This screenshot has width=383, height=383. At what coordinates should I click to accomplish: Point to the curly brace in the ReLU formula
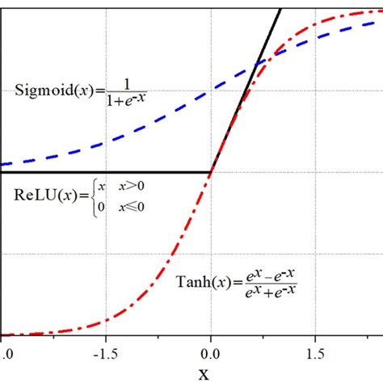91,196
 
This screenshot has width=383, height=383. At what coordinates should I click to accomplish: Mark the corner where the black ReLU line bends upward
210,172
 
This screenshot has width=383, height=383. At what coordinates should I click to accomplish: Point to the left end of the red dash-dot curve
3,335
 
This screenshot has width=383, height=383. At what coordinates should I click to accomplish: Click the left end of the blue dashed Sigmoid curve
3,163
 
